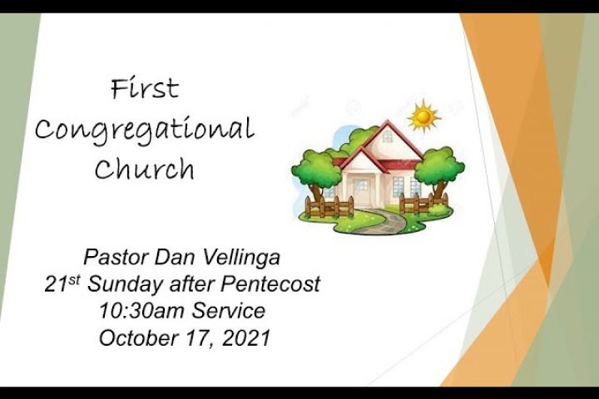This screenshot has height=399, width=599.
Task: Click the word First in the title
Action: [145, 89]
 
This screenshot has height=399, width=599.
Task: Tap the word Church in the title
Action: [145, 169]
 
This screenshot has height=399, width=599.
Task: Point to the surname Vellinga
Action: [240, 259]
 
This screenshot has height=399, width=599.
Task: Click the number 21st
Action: [62, 283]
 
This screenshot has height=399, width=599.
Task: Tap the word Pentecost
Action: [270, 284]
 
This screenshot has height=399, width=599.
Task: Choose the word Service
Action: [228, 310]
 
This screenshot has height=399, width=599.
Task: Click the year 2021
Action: [246, 337]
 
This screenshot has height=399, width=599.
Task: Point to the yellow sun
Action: [423, 116]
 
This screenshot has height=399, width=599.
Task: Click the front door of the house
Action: [361, 193]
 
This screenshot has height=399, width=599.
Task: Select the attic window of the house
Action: [388, 136]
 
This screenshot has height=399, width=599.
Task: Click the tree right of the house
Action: [439, 171]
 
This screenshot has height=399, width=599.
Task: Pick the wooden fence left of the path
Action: [329, 207]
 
